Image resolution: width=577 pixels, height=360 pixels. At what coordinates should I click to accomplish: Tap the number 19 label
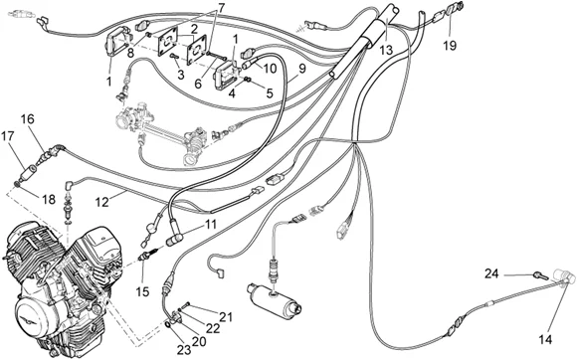coord(450,46)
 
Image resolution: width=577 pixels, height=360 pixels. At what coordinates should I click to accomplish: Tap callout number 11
coord(209,226)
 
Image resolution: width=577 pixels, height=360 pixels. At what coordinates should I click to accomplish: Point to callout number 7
coord(220,8)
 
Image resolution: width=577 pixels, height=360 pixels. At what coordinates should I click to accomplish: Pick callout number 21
coord(227,316)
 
